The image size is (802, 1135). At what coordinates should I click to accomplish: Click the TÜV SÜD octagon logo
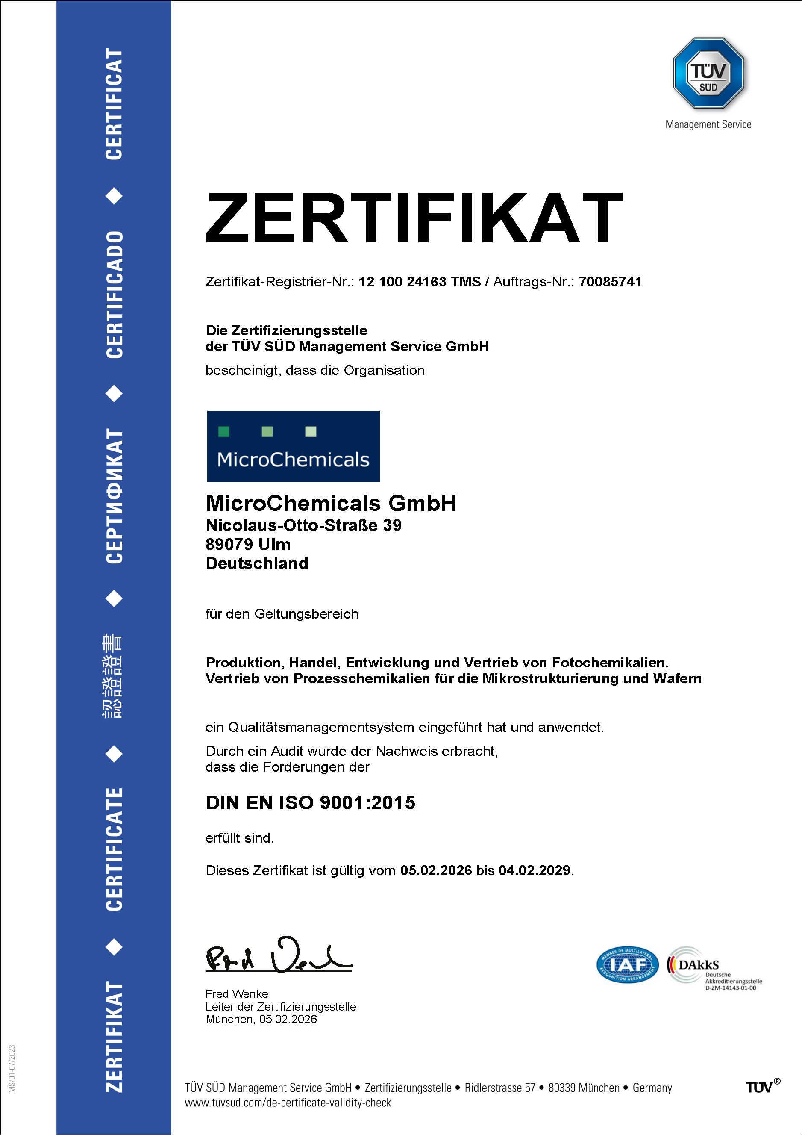(x=708, y=73)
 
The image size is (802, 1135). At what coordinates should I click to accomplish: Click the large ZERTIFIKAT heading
(x=414, y=218)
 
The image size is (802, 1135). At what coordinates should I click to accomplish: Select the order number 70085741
(x=610, y=282)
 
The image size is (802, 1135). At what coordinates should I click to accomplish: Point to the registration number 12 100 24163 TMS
(x=420, y=282)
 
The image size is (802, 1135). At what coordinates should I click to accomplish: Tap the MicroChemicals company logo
(x=293, y=446)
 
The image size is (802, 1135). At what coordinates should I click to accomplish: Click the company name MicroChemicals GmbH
(x=331, y=503)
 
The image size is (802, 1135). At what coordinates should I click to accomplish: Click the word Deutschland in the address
(x=257, y=563)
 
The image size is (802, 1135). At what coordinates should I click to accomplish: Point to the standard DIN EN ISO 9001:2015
(x=310, y=802)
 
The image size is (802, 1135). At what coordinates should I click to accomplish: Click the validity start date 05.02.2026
(x=436, y=870)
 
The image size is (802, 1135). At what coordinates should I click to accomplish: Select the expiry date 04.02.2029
(x=534, y=870)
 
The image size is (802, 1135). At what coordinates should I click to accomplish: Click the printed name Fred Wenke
(x=237, y=993)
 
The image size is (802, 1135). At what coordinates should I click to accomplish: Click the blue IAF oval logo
(x=628, y=964)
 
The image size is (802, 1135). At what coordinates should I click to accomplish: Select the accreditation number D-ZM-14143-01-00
(x=730, y=988)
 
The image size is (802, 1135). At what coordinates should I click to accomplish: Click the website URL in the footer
(x=288, y=1103)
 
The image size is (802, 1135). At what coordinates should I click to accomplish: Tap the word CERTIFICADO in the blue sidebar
(x=114, y=295)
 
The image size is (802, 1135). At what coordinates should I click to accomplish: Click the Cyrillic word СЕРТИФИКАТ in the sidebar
(x=114, y=496)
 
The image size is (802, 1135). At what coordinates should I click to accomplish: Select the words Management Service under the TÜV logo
(x=708, y=124)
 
